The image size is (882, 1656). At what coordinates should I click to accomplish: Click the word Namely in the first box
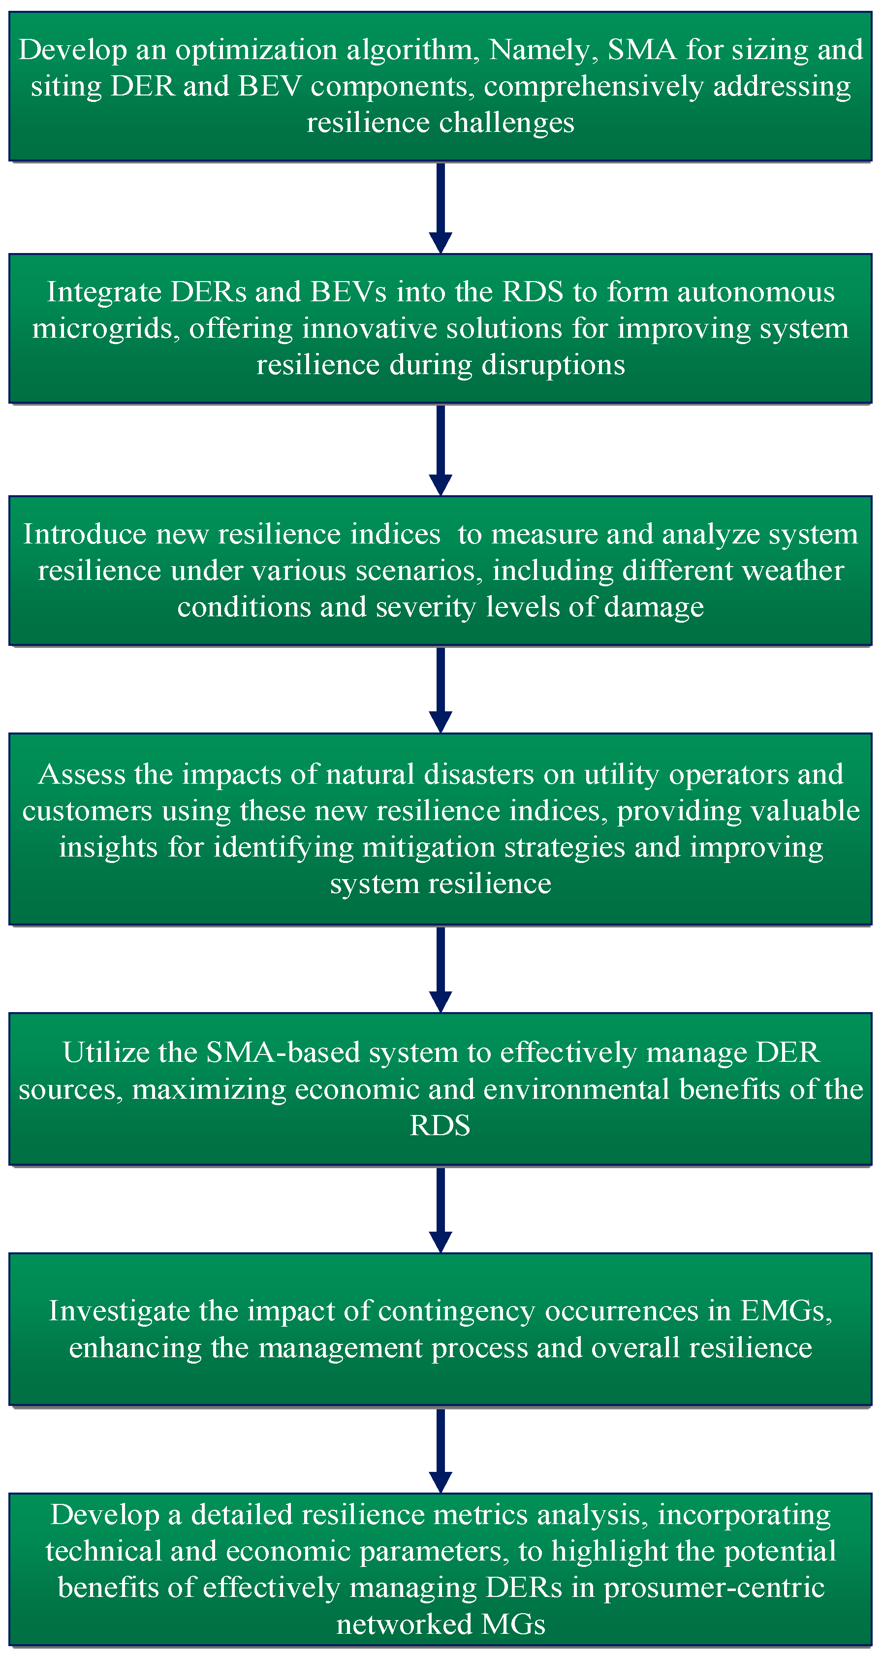[x=539, y=50]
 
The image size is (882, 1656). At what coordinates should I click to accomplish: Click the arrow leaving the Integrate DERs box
[x=441, y=449]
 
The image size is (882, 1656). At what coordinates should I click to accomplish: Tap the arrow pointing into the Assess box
[x=441, y=689]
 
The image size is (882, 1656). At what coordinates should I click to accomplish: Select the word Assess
[x=82, y=775]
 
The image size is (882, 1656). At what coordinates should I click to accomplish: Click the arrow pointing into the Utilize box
[x=441, y=969]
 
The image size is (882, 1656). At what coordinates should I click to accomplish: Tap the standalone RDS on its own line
[x=441, y=1126]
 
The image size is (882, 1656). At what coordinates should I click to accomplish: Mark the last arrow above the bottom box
[x=441, y=1450]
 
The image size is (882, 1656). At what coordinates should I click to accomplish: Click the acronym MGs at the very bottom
[x=513, y=1624]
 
